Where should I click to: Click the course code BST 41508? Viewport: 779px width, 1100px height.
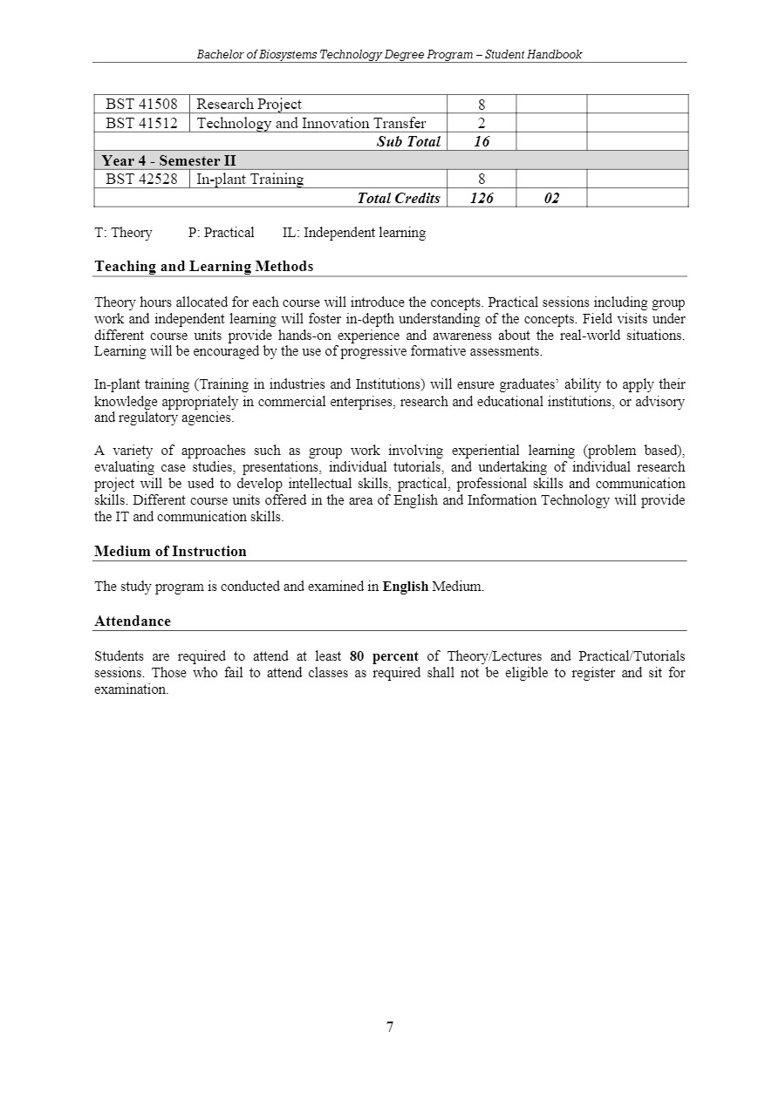[x=141, y=105]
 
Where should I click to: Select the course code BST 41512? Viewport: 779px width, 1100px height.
[x=141, y=123]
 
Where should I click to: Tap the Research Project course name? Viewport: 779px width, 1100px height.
[x=249, y=105]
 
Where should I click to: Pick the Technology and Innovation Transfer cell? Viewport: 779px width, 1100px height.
[x=311, y=123]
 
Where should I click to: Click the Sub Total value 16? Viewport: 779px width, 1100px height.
[x=482, y=142]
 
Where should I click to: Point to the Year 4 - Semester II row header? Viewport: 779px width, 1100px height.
[x=169, y=160]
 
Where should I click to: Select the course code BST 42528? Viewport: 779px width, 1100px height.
[x=141, y=180]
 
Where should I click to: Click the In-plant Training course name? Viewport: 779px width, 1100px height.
[x=250, y=180]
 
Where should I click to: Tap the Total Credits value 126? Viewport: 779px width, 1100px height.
[x=482, y=199]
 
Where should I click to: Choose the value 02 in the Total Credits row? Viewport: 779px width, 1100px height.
[x=551, y=199]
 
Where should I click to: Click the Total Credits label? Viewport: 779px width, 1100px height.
[x=399, y=199]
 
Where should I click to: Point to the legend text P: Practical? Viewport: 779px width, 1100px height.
[x=221, y=233]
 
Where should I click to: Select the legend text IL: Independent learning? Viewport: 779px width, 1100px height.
[x=354, y=233]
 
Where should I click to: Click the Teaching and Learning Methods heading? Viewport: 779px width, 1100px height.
[x=203, y=267]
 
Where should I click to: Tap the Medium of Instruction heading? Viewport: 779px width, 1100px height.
[x=170, y=552]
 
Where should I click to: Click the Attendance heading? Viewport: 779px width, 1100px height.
[x=133, y=621]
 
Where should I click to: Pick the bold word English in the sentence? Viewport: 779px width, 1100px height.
[x=406, y=587]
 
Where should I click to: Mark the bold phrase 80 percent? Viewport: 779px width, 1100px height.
[x=384, y=656]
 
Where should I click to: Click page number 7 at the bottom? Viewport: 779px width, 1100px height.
[x=390, y=1027]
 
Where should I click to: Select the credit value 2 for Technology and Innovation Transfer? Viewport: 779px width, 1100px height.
[x=482, y=124]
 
